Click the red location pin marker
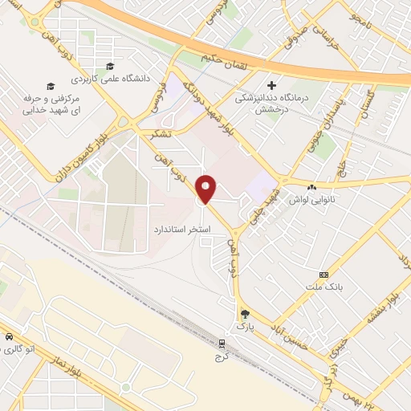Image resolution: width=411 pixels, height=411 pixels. (x=206, y=189)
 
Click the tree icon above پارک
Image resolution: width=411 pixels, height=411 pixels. (x=244, y=315)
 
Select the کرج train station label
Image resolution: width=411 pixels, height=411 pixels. (x=222, y=356)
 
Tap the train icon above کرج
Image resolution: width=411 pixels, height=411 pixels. (x=222, y=344)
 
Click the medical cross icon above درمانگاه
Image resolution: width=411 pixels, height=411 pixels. (x=271, y=84)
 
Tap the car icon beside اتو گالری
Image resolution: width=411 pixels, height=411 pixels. (x=9, y=337)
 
